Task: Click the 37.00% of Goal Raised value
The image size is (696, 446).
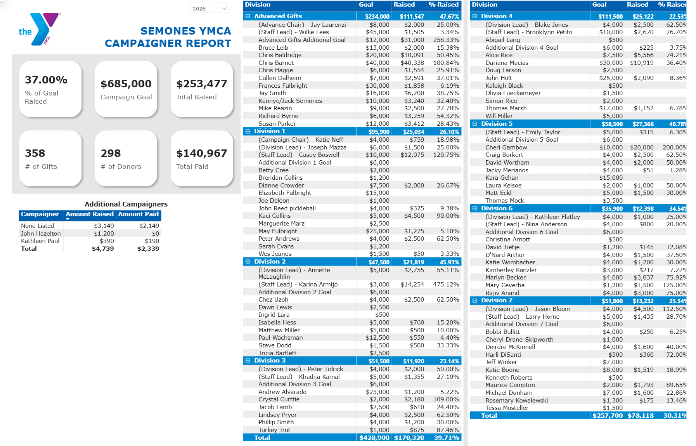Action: pos(46,80)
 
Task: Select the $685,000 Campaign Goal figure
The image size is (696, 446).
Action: pos(126,84)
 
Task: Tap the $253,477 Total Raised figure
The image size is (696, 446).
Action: pos(201,84)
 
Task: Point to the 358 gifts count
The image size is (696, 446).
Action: pos(35,153)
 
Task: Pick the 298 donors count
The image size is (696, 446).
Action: pos(111,153)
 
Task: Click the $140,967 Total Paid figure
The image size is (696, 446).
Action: pos(201,153)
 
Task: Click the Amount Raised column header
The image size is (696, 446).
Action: pos(90,214)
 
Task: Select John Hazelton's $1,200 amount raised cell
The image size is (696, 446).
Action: pos(104,233)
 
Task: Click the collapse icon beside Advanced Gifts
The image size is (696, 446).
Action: pos(248,16)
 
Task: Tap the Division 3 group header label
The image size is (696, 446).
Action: pos(270,361)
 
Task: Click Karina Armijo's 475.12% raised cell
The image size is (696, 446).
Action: pos(446,285)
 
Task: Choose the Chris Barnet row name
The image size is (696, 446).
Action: pos(276,62)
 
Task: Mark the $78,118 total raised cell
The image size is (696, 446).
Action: pos(641,415)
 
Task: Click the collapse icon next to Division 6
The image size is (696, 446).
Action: pos(475,208)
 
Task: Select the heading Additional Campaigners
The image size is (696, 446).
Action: pos(126,204)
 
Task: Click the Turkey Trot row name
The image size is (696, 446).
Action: pos(274,430)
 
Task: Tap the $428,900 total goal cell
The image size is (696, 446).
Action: pos(374,437)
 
